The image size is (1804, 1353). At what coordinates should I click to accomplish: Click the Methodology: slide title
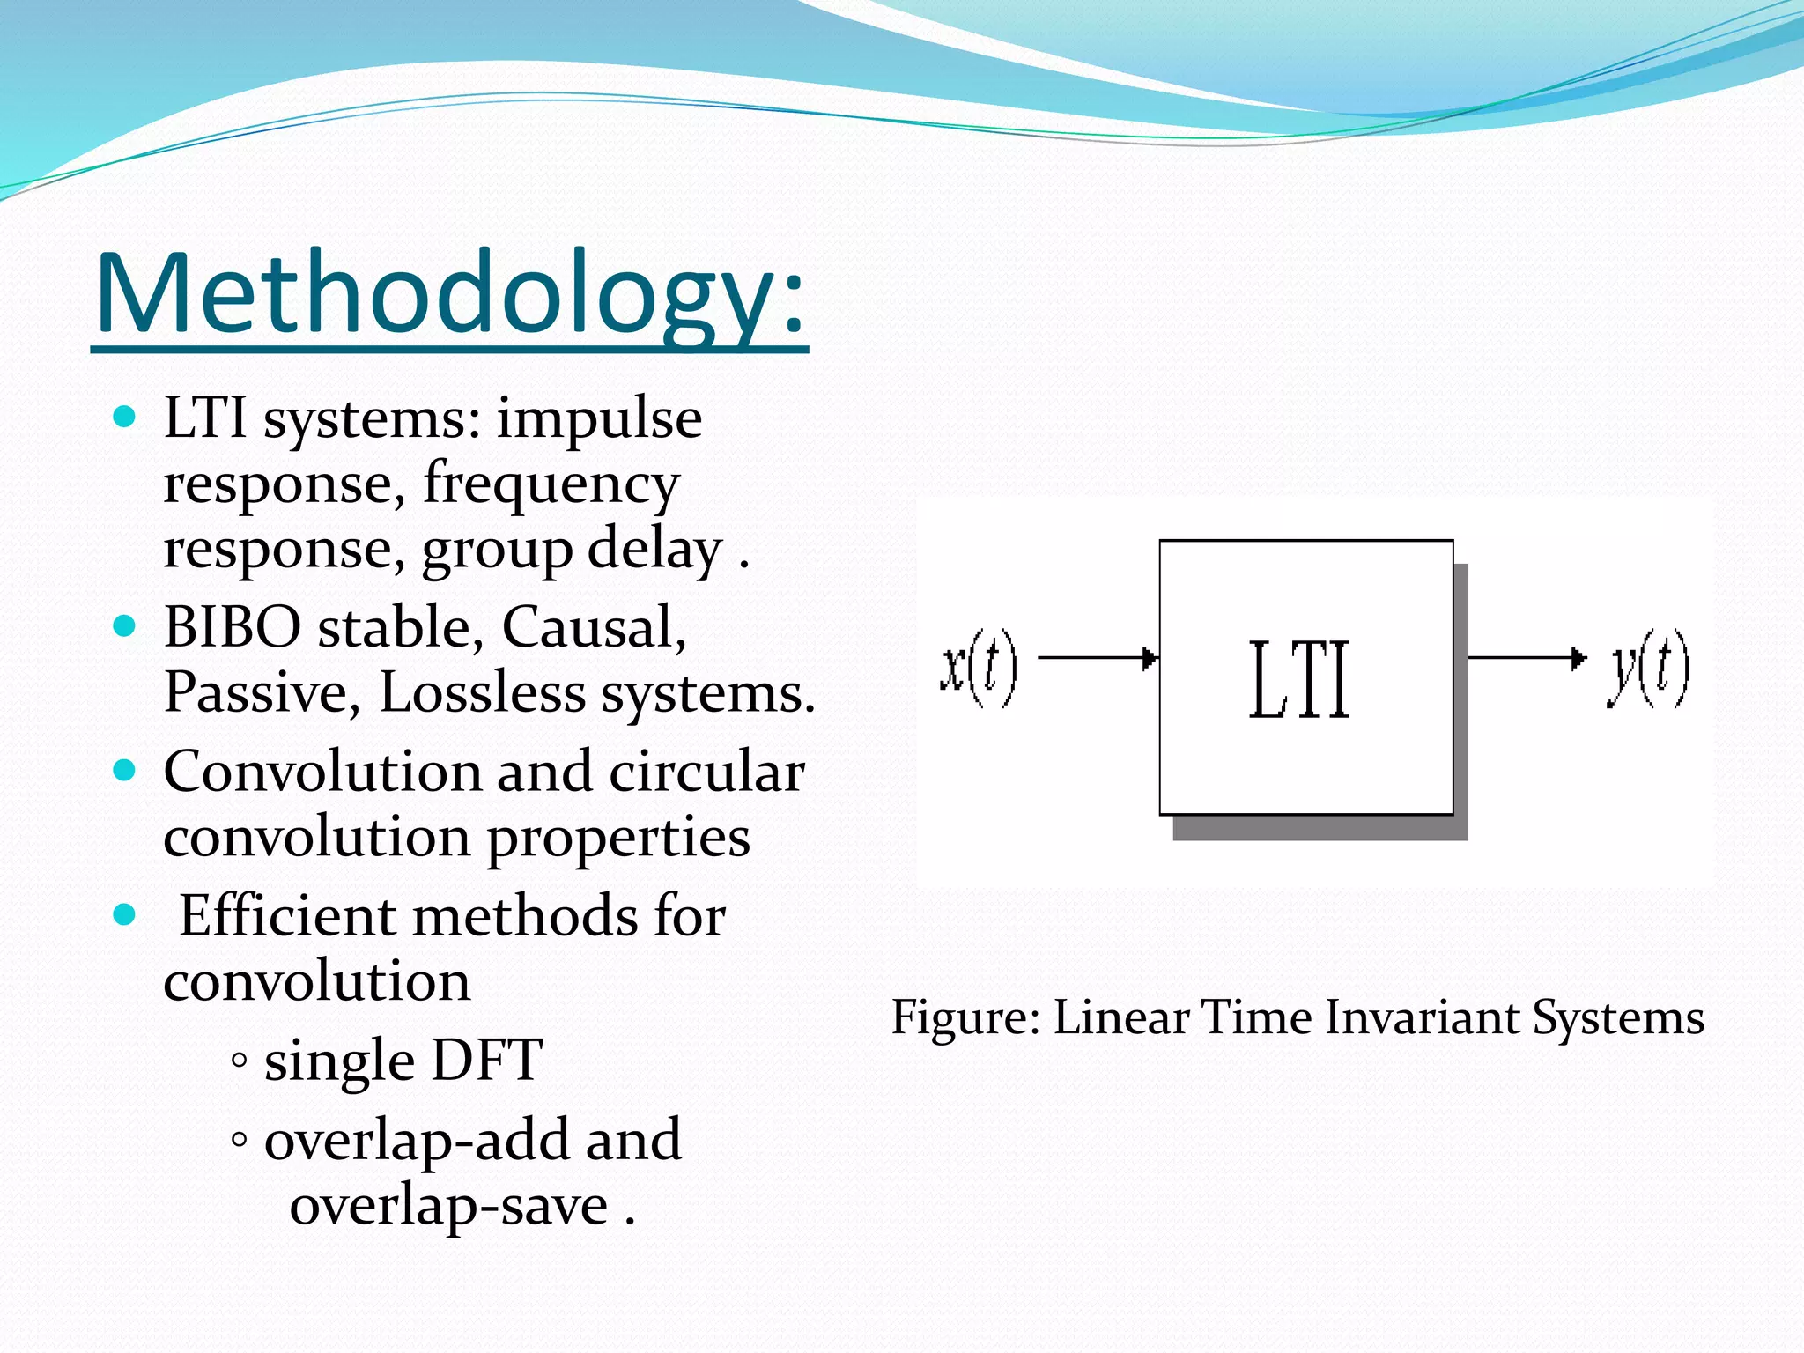click(x=449, y=295)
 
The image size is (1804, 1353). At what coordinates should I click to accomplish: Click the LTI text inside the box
click(x=1299, y=680)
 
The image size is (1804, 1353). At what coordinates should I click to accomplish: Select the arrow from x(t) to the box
click(x=1097, y=658)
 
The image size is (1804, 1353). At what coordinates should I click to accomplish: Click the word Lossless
click(x=482, y=693)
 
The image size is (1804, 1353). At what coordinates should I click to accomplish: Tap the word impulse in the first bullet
click(x=599, y=418)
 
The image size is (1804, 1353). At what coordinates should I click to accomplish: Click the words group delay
click(x=572, y=551)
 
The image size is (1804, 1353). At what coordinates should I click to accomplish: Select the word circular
click(x=706, y=773)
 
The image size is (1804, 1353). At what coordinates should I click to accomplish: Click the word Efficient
click(x=286, y=916)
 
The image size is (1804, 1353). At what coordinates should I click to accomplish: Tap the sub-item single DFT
click(x=403, y=1060)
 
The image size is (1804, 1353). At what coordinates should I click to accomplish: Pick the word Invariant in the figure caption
click(x=1423, y=1018)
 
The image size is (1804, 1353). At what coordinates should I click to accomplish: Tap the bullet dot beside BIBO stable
click(x=125, y=626)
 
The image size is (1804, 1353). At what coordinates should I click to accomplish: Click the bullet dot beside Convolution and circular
click(x=125, y=771)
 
